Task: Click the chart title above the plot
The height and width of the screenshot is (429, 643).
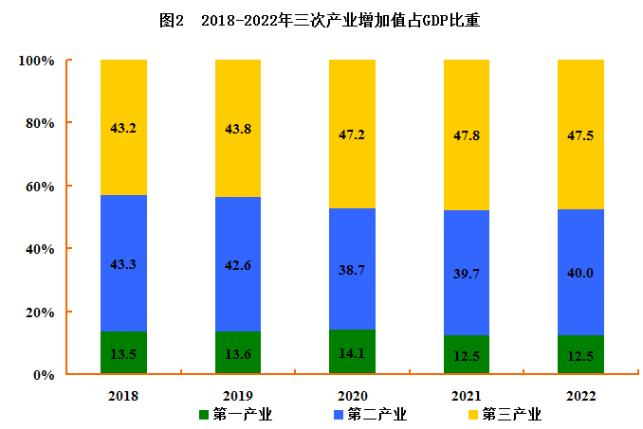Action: [x=321, y=20]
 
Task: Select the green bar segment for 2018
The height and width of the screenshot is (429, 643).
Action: [x=124, y=353]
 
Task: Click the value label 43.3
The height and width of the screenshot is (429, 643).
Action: [x=123, y=264]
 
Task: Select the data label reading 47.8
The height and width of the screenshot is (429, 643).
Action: [x=466, y=135]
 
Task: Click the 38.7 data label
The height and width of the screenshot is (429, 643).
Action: [x=352, y=270]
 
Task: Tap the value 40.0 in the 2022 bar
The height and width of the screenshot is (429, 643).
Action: [x=580, y=273]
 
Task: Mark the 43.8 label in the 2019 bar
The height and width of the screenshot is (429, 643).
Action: [x=238, y=128]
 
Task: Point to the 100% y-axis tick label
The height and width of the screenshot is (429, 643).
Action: [x=36, y=61]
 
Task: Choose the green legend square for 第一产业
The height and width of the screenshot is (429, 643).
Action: [x=204, y=415]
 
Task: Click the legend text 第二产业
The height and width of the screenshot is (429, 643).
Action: [x=377, y=415]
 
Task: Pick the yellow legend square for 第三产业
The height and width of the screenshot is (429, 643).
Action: [x=472, y=415]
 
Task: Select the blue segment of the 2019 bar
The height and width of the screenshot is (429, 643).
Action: [x=238, y=284]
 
